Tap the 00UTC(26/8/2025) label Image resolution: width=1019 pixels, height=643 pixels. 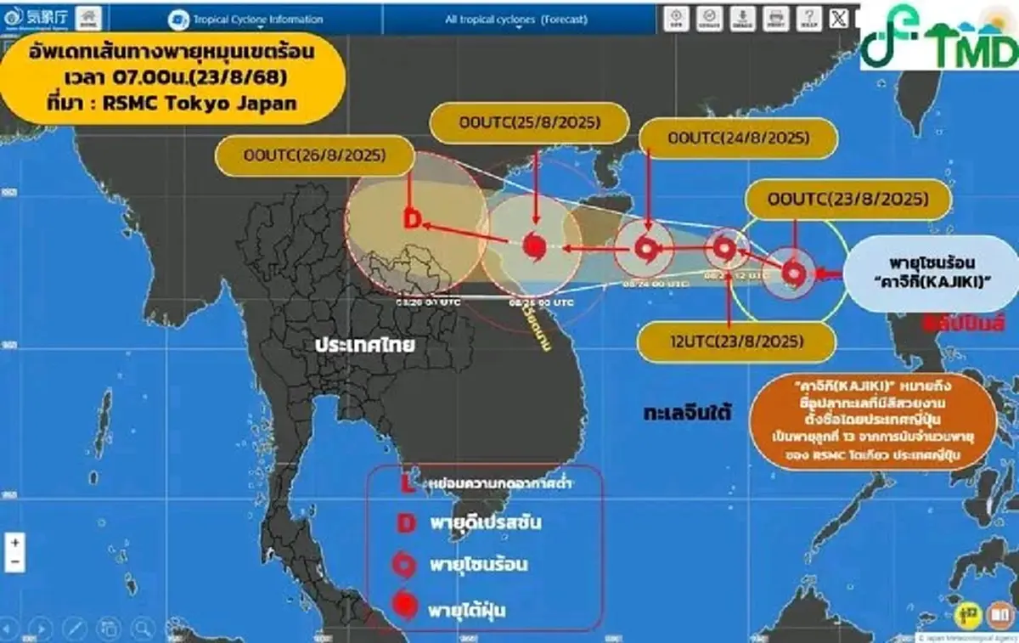pyautogui.click(x=314, y=155)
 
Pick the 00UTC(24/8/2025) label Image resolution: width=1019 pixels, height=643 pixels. pyautogui.click(x=736, y=137)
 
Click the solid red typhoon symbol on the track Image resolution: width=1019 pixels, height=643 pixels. pyautogui.click(x=533, y=246)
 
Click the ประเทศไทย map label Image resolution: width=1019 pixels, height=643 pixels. pyautogui.click(x=363, y=345)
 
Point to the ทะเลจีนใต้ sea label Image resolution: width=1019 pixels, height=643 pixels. pyautogui.click(x=688, y=413)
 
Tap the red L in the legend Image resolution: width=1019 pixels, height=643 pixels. pyautogui.click(x=407, y=485)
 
